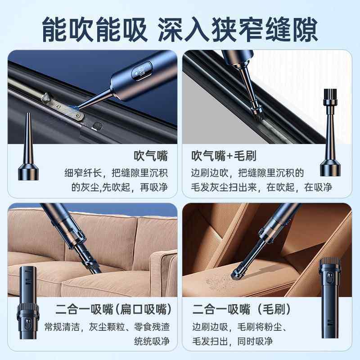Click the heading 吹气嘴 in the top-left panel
(x=151, y=156)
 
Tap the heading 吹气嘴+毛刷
(x=224, y=156)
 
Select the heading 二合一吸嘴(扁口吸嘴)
(x=113, y=310)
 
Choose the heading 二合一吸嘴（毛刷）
(x=242, y=310)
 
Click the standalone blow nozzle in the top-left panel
(x=26, y=148)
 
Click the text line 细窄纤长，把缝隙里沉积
(x=116, y=172)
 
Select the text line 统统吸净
(x=152, y=341)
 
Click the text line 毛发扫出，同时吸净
(x=232, y=341)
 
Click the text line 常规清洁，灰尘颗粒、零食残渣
(x=107, y=326)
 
